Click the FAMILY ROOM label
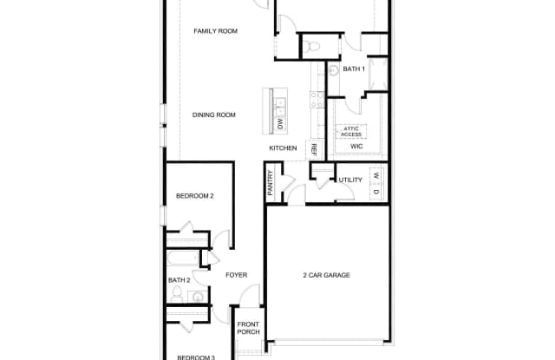coord(216,31)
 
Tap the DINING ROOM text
coord(214,115)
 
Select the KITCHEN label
coord(283,148)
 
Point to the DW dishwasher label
coord(280,124)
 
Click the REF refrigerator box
coord(314,150)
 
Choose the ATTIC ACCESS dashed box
coord(351,132)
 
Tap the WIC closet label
coord(356,147)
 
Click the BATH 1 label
coord(354,69)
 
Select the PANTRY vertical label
coord(271,183)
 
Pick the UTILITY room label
coord(350,180)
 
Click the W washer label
coord(376,175)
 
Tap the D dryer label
coord(376,192)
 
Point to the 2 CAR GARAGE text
coord(326,275)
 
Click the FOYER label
coord(237,275)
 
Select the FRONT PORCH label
coord(249,328)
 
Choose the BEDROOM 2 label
coord(194,196)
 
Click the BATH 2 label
coord(180,280)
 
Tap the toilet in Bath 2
coord(177,294)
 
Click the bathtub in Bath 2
coord(183,259)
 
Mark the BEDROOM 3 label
coord(196,357)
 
